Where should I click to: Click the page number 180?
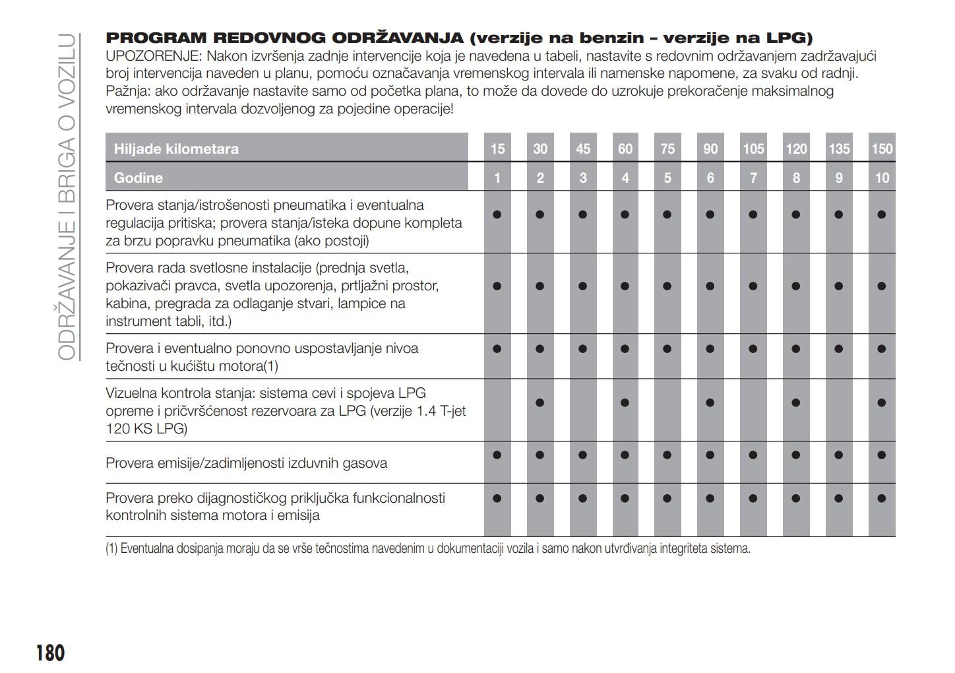click(50, 653)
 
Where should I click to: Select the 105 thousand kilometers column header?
click(753, 149)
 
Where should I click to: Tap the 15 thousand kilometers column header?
click(497, 149)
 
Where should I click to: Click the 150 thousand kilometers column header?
click(882, 149)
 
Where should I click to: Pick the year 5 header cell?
click(667, 178)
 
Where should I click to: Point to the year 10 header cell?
click(882, 178)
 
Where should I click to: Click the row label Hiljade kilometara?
click(176, 149)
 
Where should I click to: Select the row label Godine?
click(139, 178)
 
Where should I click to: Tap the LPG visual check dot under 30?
click(540, 402)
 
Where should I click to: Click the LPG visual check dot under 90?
click(710, 402)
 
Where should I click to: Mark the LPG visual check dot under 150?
click(882, 402)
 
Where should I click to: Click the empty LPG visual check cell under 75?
click(667, 410)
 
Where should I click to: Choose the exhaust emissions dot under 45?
click(582, 455)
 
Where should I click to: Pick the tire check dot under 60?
click(625, 214)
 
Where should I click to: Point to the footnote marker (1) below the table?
click(111, 549)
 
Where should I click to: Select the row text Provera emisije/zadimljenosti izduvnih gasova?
click(246, 463)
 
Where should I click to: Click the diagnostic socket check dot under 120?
click(796, 498)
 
